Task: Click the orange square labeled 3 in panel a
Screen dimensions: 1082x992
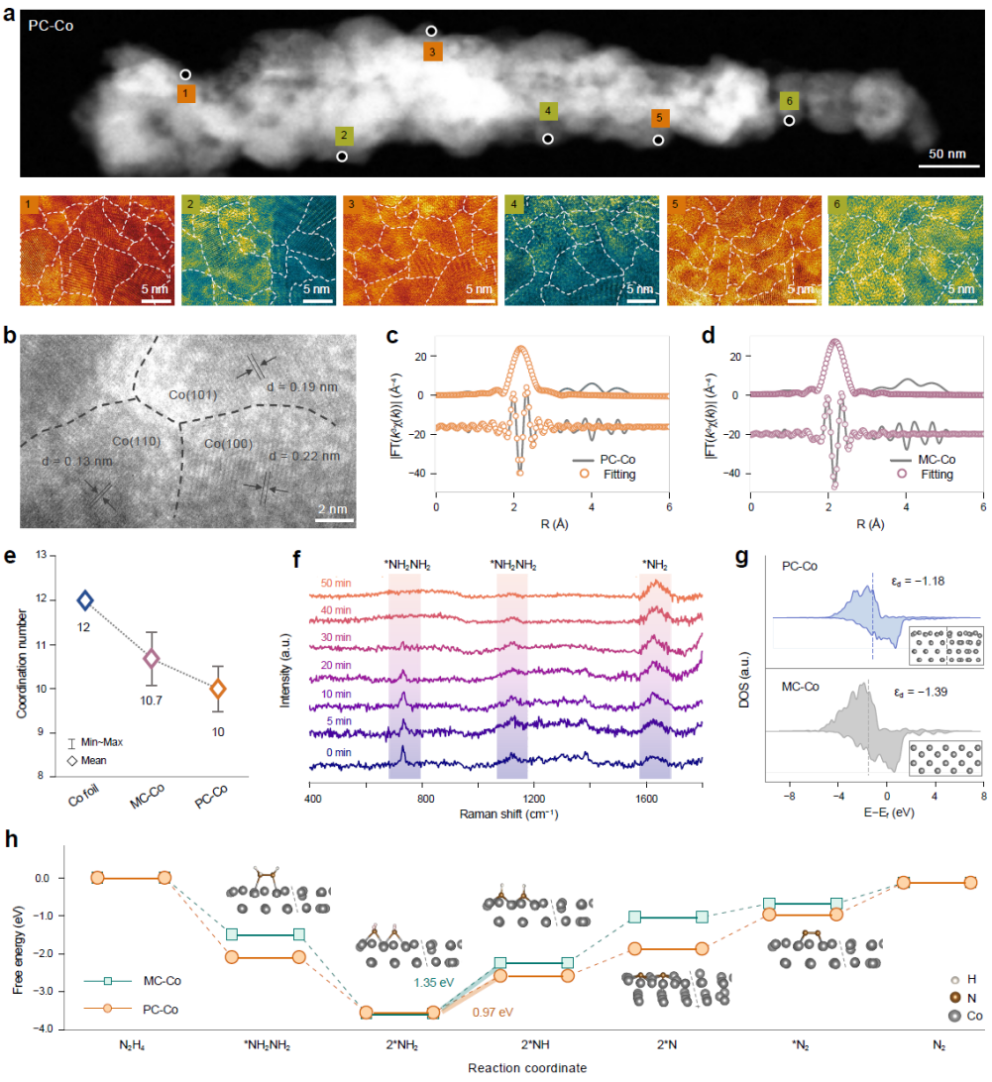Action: point(432,52)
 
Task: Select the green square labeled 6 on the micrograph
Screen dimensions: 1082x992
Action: point(788,101)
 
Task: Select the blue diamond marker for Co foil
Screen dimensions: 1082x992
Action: point(85,599)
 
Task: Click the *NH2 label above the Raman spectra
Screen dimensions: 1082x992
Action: point(655,564)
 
